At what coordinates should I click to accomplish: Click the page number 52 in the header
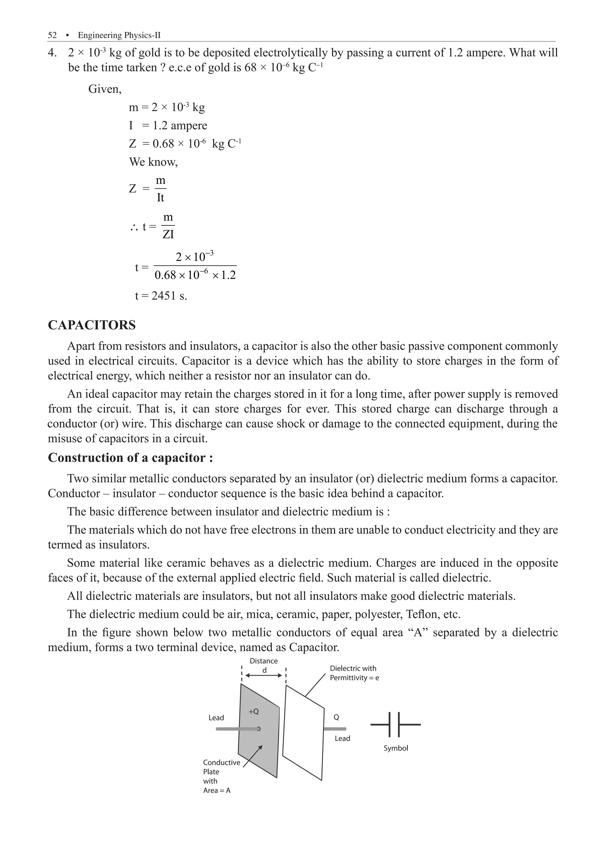coord(52,35)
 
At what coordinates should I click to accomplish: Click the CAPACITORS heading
coord(92,325)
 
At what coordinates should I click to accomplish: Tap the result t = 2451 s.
coord(161,296)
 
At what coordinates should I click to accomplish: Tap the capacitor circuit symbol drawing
coord(395,725)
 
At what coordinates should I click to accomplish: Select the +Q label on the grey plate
coord(254,711)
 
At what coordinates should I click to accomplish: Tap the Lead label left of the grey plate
coord(216,718)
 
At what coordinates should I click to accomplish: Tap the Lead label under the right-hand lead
coord(342,739)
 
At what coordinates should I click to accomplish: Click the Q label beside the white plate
coord(336,717)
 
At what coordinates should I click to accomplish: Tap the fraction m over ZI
coord(168,226)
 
